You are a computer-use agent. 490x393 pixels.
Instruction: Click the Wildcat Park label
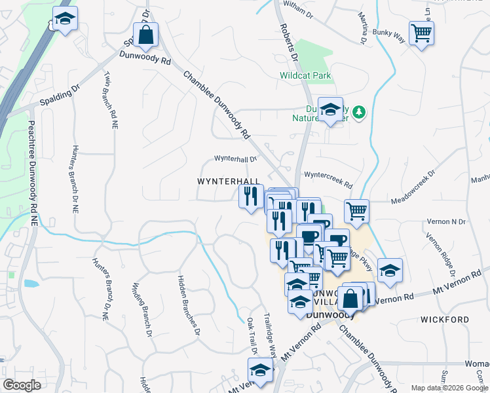(x=305, y=75)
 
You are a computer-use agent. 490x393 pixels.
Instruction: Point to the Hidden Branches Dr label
(x=187, y=305)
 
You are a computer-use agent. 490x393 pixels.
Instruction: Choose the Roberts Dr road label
(x=289, y=45)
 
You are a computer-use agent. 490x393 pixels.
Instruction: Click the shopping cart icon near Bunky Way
(x=421, y=33)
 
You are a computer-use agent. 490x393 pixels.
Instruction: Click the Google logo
(x=22, y=385)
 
